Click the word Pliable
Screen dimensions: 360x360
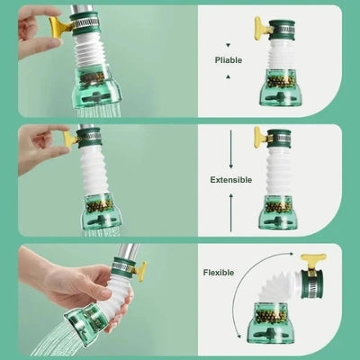(x=229, y=60)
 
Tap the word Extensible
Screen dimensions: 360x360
(x=230, y=179)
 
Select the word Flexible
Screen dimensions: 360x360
(x=219, y=272)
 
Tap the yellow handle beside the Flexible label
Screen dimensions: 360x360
(x=314, y=264)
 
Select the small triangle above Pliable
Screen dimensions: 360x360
(x=229, y=43)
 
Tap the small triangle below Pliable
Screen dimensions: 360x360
(x=229, y=77)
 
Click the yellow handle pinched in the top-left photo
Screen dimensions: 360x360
(x=60, y=26)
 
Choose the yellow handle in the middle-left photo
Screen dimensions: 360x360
(x=71, y=139)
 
